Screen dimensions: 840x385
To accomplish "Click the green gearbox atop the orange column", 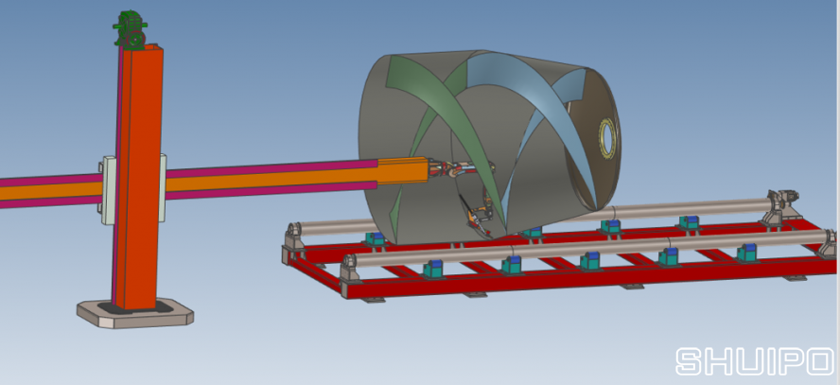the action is point(131,30).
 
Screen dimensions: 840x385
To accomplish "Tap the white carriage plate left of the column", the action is point(107,190).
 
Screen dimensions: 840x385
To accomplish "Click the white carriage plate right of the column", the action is point(163,187).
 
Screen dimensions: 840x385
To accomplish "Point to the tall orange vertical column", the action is point(138,177).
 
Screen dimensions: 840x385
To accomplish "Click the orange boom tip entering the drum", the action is point(403,171).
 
